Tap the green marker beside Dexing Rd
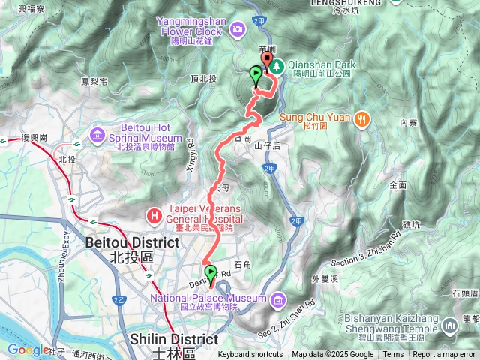point(210,273)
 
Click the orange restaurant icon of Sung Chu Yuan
point(362,118)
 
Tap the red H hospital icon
point(154,216)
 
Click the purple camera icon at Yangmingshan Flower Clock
point(238,28)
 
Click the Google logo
point(28,349)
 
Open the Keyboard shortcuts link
point(250,355)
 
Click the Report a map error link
point(445,355)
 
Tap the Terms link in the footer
point(393,355)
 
